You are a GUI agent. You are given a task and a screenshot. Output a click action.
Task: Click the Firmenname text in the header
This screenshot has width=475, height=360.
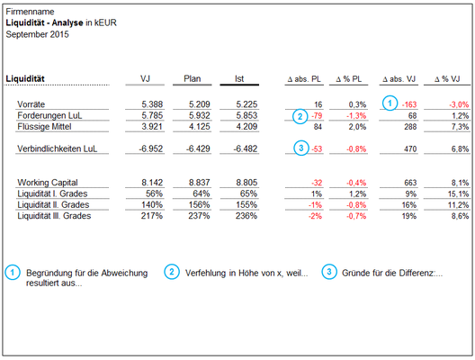pos(30,12)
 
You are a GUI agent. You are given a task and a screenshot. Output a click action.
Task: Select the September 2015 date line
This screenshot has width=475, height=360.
pos(37,34)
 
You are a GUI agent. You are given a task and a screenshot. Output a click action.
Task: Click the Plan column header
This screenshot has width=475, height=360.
pos(192,79)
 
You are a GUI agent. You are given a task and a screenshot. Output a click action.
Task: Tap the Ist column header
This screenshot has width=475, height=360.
pos(239,79)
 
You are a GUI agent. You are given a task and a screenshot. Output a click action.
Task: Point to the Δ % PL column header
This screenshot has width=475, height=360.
pos(349,79)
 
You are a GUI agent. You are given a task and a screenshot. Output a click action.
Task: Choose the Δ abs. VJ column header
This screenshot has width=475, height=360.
pos(399,79)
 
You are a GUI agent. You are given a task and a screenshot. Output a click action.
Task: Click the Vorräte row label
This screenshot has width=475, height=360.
pos(31,104)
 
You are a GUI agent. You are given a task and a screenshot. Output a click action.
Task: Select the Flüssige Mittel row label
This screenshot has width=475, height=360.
pos(45,126)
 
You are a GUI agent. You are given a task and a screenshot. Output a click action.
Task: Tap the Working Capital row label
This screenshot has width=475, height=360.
pos(48,183)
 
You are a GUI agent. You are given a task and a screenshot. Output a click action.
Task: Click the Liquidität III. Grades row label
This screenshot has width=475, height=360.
pos(54,216)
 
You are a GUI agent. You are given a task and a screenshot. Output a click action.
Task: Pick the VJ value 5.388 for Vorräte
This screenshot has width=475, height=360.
pos(152,104)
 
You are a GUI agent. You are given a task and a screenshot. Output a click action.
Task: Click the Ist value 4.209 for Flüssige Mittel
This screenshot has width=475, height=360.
pos(246,126)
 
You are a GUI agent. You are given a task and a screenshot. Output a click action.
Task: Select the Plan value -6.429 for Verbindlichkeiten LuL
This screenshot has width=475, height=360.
pos(198,148)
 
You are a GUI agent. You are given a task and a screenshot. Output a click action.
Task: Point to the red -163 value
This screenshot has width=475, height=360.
pos(409,104)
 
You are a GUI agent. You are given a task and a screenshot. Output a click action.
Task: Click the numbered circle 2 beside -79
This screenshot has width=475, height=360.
pos(300,116)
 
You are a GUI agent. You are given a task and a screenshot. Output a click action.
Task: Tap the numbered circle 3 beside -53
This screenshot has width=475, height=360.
pos(301,148)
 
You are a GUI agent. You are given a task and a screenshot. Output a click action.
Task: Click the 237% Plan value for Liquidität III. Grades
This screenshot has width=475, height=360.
pos(199,216)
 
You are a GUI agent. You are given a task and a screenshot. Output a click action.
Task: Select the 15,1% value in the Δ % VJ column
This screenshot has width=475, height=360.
pos(458,193)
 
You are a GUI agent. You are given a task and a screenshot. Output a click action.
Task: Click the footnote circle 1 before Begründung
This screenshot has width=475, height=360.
pos(13,272)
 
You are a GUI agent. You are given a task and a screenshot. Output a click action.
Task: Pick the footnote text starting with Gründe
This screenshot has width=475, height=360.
pos(392,273)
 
